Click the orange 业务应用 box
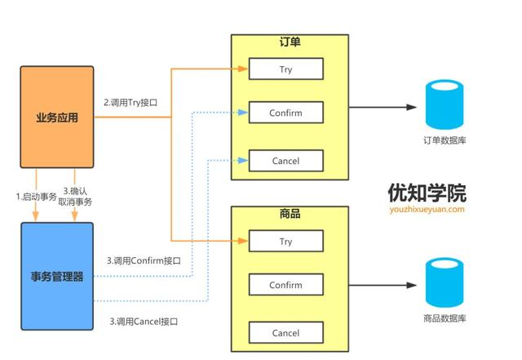(57, 118)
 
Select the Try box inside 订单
(285, 69)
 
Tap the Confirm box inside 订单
(285, 113)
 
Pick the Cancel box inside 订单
(285, 161)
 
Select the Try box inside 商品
(285, 242)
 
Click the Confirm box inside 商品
(285, 286)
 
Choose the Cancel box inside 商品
(285, 333)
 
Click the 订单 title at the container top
(290, 42)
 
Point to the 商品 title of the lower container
(290, 214)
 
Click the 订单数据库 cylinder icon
(445, 107)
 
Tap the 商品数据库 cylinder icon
(445, 281)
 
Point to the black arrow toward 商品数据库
(383, 285)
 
